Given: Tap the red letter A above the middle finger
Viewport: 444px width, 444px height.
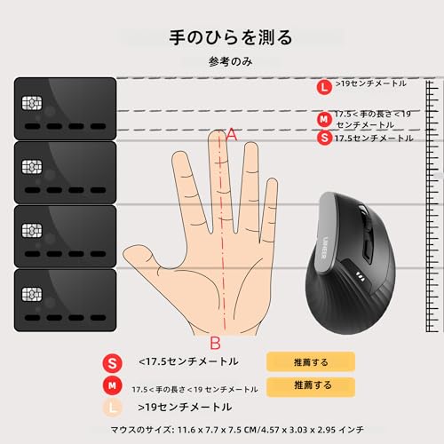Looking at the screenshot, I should [x=232, y=134].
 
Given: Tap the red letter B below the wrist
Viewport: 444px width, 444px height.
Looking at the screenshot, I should [x=215, y=342].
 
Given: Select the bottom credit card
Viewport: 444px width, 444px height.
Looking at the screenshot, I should [x=66, y=300].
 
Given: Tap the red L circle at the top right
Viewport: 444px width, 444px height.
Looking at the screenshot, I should [x=325, y=86].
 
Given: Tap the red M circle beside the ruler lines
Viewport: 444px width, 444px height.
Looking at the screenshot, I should [x=325, y=119].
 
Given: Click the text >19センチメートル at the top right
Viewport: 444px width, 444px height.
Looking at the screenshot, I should [x=370, y=83].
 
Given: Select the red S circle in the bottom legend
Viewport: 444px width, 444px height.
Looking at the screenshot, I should [x=112, y=362].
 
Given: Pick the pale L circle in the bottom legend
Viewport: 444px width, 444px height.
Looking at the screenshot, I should [x=112, y=408].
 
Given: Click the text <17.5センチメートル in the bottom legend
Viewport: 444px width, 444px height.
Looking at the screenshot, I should [x=187, y=362].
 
